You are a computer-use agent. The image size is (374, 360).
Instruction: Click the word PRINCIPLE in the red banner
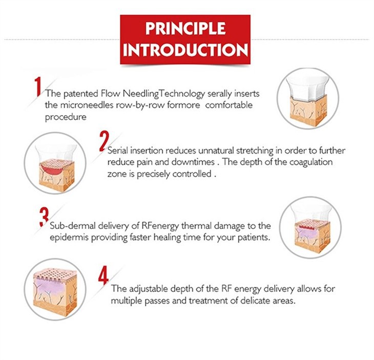tap(185, 28)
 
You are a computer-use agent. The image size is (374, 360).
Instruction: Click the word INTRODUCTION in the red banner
tap(185, 50)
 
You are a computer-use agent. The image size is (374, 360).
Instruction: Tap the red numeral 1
tap(38, 87)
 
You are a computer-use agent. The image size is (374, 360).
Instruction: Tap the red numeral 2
tap(104, 141)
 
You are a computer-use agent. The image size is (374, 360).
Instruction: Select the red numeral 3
tap(45, 217)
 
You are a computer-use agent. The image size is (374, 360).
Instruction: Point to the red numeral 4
tap(103, 276)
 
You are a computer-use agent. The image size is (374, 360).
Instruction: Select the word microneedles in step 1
tap(87, 105)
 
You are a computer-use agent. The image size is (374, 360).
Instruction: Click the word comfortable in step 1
tap(228, 105)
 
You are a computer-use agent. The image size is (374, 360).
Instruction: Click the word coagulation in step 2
tap(311, 162)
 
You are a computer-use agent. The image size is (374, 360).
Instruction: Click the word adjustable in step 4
tap(149, 289)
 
